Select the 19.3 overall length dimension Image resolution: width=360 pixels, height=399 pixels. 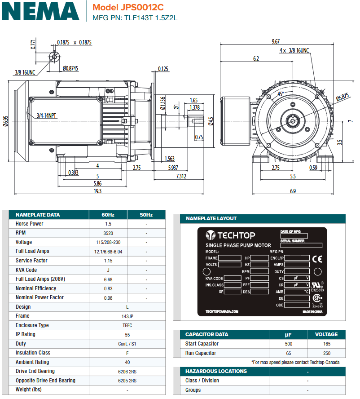click(x=97, y=191)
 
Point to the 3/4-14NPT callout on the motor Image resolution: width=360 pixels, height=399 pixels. click(x=47, y=115)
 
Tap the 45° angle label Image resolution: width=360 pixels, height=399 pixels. click(x=280, y=94)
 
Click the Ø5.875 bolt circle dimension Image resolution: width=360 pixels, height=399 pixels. click(x=342, y=96)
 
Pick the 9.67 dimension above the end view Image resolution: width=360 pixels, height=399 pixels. click(x=276, y=41)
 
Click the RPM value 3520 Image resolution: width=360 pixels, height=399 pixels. click(x=108, y=233)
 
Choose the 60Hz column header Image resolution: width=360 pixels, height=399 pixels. click(x=108, y=215)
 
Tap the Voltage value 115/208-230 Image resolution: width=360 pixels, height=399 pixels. click(x=108, y=242)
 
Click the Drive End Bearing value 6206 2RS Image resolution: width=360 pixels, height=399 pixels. click(x=108, y=372)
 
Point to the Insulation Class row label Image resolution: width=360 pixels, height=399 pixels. click(x=33, y=353)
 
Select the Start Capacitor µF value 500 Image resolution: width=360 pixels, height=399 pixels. click(x=288, y=344)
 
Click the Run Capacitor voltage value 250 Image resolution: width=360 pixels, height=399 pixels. click(x=326, y=353)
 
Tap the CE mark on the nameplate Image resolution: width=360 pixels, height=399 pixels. click(x=317, y=259)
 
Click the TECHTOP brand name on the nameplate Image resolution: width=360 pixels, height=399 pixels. click(x=236, y=235)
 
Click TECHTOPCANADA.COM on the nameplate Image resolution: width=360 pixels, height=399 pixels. click(x=221, y=311)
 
